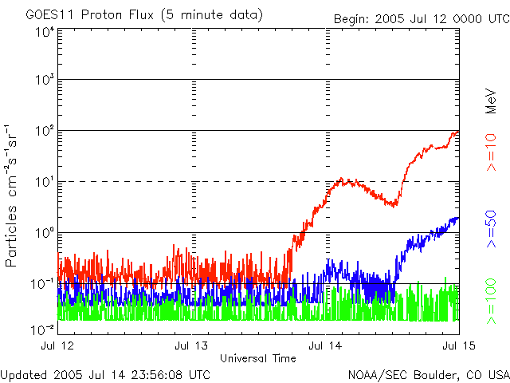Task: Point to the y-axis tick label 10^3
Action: (43, 81)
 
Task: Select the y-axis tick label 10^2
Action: (43, 132)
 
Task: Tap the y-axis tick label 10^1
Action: (43, 183)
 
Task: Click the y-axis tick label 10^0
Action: (43, 234)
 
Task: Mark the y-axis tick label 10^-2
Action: (41, 329)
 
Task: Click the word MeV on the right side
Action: (492, 99)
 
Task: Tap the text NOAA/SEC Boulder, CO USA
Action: (428, 374)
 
